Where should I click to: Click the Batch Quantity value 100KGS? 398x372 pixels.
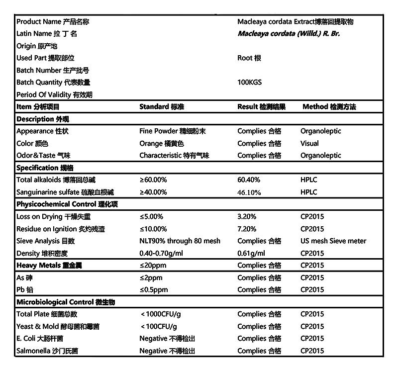pos(249,83)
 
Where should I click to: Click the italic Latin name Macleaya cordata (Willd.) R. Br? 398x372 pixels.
pos(289,34)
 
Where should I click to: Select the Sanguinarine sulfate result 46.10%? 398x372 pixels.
pos(249,192)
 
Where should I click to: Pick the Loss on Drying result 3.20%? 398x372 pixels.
pos(247,217)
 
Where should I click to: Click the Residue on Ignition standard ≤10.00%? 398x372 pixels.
pos(153,229)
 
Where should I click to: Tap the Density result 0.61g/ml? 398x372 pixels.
pos(251,253)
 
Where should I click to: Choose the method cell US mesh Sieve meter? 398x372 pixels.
pos(333,241)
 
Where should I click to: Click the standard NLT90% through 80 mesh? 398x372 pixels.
pos(180,241)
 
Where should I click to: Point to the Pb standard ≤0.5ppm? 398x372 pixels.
pos(154,290)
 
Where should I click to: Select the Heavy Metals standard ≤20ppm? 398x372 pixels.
pos(153,266)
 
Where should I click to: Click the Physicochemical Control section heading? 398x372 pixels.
pos(67,204)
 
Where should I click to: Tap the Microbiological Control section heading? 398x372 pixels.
pos(66,302)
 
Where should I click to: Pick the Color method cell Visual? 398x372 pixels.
pos(309,143)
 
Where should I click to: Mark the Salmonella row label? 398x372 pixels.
pos(47,351)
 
